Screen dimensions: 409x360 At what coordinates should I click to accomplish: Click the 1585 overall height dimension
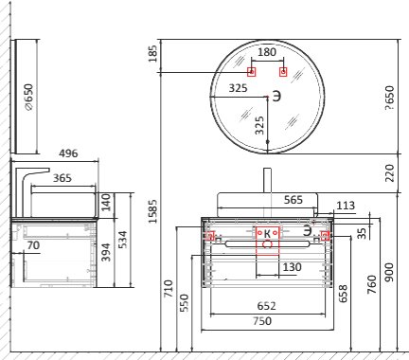[x=153, y=211]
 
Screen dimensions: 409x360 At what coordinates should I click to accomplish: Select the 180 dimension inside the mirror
[x=267, y=52]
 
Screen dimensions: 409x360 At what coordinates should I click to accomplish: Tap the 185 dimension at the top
[x=152, y=54]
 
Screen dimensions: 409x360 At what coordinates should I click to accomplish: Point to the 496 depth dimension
[x=68, y=153]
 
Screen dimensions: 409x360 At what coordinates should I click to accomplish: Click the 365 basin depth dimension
[x=62, y=178]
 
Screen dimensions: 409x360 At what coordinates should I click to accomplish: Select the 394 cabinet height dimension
[x=106, y=252]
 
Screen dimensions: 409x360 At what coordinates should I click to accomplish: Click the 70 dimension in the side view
[x=33, y=245]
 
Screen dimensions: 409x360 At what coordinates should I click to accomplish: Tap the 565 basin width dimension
[x=293, y=200]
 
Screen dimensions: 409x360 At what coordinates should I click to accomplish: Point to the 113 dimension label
[x=346, y=206]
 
